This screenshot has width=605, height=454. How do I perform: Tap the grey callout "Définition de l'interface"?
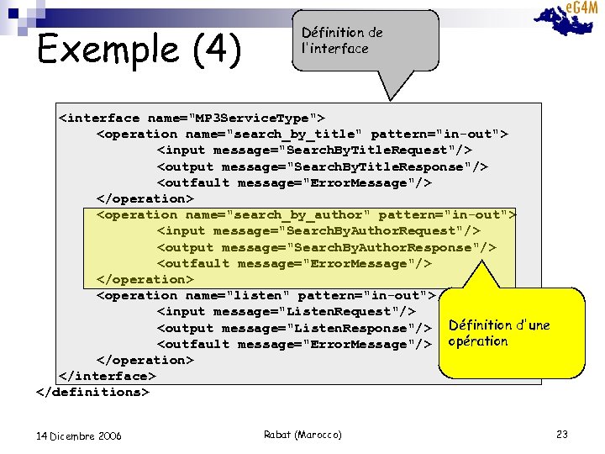click(x=368, y=40)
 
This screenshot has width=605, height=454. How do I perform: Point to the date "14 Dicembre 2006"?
click(x=79, y=436)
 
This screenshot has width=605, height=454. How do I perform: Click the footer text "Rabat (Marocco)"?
click(x=302, y=435)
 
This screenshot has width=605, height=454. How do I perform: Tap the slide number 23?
click(x=562, y=435)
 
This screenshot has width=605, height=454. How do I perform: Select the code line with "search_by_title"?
click(x=302, y=134)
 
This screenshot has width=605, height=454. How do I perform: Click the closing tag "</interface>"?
click(x=107, y=376)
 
